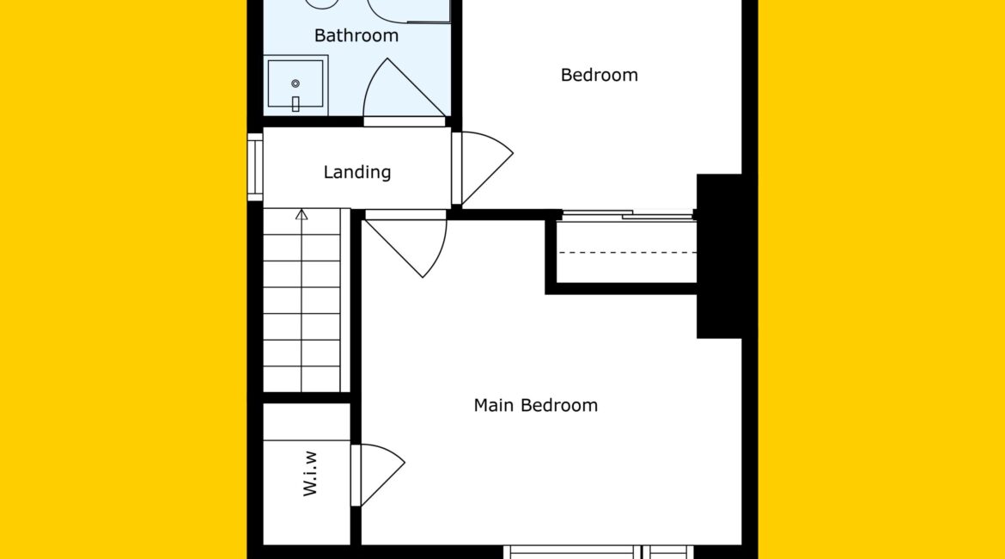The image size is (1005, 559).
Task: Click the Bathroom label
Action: [356, 35]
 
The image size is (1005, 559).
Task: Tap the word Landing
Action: [357, 172]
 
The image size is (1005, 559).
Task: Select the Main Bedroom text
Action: [536, 405]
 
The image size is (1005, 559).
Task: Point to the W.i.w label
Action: [310, 474]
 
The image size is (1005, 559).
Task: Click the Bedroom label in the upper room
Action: [600, 75]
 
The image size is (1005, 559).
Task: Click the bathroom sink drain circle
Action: [295, 83]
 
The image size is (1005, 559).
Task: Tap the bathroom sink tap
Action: [295, 104]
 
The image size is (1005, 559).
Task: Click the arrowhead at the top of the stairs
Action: [301, 214]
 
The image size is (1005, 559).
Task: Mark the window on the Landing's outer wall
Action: [255, 167]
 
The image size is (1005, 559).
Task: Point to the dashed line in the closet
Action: [627, 253]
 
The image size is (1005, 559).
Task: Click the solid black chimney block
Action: [719, 256]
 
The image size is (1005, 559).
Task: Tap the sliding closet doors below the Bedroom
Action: [628, 215]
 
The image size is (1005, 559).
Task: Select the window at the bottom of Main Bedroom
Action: [598, 552]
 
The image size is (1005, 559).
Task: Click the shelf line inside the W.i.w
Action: [307, 440]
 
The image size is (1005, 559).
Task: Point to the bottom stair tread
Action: [301, 379]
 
